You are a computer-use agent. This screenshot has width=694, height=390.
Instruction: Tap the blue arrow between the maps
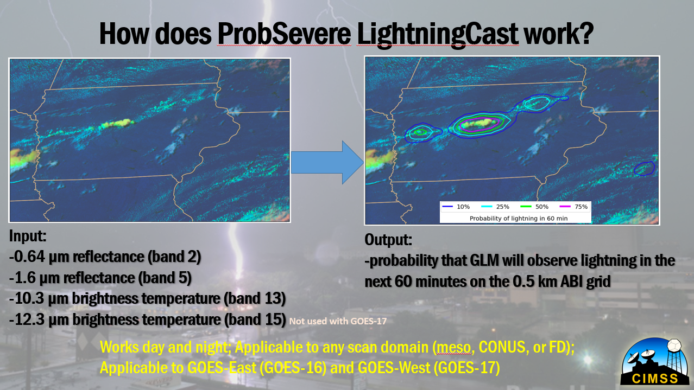(327, 162)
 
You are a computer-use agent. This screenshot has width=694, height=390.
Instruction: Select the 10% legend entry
(456, 207)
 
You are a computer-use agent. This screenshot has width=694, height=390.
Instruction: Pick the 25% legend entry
(495, 207)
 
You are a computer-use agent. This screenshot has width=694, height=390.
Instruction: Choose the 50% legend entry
(534, 207)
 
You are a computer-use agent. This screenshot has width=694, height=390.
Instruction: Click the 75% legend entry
(573, 207)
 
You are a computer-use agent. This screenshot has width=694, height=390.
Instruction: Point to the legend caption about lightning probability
(519, 219)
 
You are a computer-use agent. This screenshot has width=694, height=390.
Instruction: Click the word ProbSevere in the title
(284, 34)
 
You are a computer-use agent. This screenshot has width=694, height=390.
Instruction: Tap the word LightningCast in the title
(438, 35)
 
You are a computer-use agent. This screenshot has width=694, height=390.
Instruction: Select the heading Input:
(28, 236)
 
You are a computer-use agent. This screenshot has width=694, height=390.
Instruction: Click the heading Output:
(388, 240)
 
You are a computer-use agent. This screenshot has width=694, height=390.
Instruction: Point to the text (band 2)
(174, 257)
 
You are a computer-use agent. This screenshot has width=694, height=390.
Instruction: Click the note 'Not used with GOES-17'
(338, 321)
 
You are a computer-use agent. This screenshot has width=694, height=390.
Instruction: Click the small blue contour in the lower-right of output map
(645, 169)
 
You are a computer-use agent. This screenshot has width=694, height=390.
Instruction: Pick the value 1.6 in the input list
(23, 278)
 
